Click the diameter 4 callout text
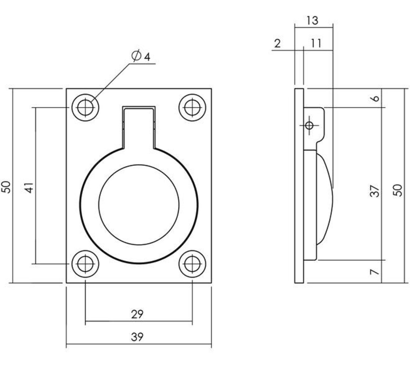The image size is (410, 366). pyautogui.click(x=141, y=56)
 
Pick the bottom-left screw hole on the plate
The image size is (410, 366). pyautogui.click(x=85, y=264)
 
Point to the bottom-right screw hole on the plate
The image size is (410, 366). pyautogui.click(x=192, y=264)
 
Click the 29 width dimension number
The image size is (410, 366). pyautogui.click(x=137, y=314)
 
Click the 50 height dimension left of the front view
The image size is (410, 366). pyautogui.click(x=7, y=187)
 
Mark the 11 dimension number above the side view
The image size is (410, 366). pyautogui.click(x=316, y=43)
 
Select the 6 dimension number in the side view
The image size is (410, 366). pyautogui.click(x=375, y=98)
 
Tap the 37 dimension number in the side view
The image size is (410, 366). pyautogui.click(x=375, y=191)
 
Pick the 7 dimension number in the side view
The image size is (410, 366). pyautogui.click(x=375, y=272)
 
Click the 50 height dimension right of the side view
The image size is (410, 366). pyautogui.click(x=398, y=190)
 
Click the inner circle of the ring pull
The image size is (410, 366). pyautogui.click(x=139, y=204)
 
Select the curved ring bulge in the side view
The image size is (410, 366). pyautogui.click(x=325, y=198)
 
